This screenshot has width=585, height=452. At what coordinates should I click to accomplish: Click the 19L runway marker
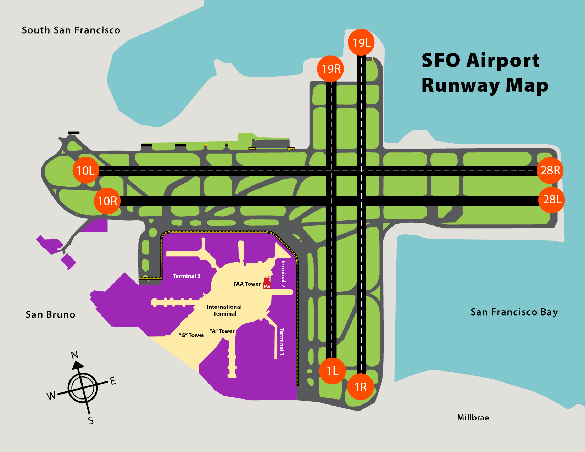361,43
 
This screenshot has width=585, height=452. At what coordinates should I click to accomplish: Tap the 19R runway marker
331,68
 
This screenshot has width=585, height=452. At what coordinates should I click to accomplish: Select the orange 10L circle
85,170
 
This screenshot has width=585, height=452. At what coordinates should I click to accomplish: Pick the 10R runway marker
107,201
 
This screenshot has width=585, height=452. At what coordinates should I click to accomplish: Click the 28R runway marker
550,170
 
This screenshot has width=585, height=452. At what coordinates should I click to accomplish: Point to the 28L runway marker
552,200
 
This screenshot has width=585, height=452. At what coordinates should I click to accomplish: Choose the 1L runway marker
332,371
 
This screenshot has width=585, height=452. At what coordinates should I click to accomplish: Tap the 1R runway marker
361,387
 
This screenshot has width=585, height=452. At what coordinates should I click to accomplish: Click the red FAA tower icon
267,283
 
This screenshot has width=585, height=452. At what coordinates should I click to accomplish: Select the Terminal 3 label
186,276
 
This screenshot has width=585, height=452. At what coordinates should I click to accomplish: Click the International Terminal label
224,310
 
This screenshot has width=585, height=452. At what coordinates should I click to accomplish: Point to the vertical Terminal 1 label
282,342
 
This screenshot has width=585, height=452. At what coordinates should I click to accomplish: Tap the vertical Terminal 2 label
283,274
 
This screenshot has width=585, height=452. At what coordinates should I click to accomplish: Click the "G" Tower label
191,335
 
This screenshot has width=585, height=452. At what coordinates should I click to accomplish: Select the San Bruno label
50,315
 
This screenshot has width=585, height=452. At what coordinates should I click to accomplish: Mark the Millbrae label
473,418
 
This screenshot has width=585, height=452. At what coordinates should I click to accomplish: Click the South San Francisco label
71,30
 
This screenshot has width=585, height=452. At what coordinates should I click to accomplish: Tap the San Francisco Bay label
514,312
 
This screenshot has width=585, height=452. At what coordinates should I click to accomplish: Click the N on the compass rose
75,355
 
